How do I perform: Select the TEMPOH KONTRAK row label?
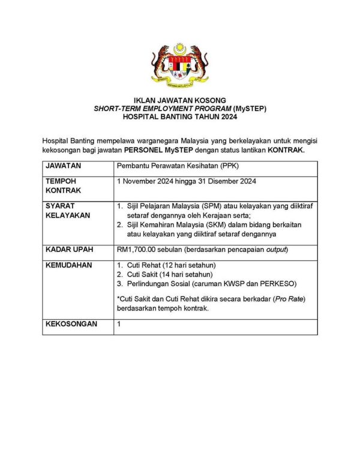point(62,185)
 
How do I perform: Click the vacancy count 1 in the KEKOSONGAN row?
point(119,324)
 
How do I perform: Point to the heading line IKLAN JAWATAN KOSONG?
point(179,100)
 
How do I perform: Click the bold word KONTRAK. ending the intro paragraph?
point(286,149)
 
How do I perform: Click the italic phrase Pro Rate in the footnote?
point(289,299)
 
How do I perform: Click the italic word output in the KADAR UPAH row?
point(275,249)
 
